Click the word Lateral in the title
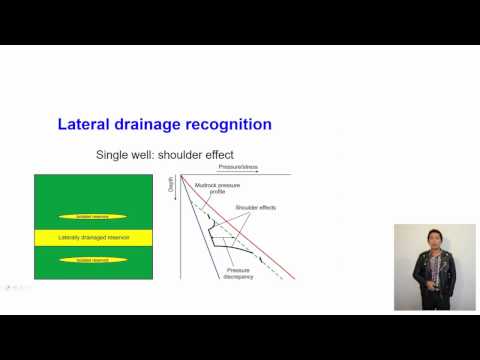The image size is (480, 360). (x=84, y=125)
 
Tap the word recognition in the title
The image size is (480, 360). (x=232, y=125)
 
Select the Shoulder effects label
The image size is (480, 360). (x=255, y=207)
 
